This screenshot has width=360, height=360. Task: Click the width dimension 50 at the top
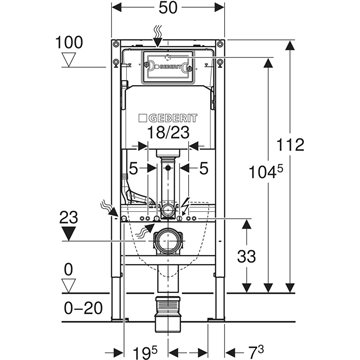click(168, 8)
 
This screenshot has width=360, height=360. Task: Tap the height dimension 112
click(291, 145)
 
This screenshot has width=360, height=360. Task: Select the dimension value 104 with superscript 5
click(266, 171)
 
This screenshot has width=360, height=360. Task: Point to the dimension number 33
click(247, 256)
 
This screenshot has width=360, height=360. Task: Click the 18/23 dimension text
click(168, 132)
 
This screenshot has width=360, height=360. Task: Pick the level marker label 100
click(69, 43)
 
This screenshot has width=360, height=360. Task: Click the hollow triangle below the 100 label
click(70, 61)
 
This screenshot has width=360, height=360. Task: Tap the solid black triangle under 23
click(69, 234)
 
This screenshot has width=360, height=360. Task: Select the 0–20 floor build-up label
click(83, 308)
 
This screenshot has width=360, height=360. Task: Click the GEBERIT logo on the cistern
click(168, 118)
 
